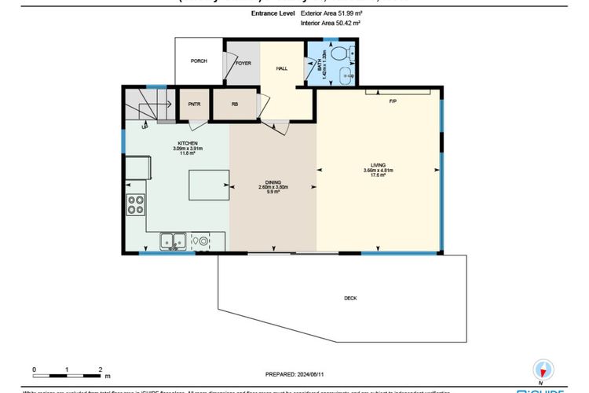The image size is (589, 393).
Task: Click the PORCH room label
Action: (199, 61)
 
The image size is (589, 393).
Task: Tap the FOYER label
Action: (243, 62)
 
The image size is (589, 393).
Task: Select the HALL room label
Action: (281, 68)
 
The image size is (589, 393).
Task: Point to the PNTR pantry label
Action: (193, 104)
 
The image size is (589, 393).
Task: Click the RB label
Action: (234, 104)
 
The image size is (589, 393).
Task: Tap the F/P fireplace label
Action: (392, 101)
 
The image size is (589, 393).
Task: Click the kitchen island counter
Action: (207, 186)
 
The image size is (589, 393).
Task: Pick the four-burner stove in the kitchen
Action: (135, 204)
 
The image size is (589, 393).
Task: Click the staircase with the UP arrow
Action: (149, 106)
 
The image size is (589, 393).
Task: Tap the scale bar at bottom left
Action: (68, 369)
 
